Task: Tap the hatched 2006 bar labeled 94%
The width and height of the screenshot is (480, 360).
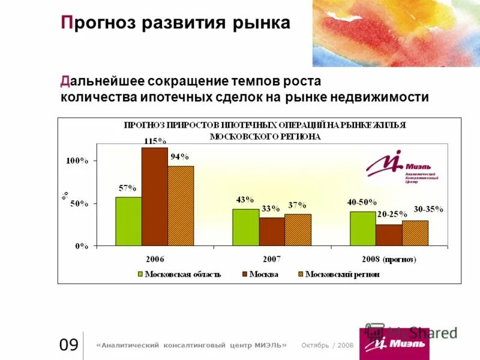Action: pos(181,205)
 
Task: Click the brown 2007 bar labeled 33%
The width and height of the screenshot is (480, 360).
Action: pos(272,231)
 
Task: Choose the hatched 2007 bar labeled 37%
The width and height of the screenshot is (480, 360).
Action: pos(298,230)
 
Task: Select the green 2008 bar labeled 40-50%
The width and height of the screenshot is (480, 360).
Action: pos(362,228)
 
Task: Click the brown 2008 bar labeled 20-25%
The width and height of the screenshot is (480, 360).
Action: pos(389,235)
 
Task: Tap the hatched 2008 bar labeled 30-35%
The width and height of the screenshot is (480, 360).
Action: pos(415,233)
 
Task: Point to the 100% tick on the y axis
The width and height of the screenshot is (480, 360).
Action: pos(77,161)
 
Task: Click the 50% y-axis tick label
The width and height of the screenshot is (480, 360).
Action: pos(79,203)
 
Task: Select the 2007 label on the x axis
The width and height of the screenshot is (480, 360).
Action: pos(271,260)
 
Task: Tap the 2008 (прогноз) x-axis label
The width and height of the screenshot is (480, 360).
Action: pos(389,260)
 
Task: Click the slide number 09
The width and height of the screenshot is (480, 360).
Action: pos(68,345)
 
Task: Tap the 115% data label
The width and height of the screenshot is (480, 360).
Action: pos(154,141)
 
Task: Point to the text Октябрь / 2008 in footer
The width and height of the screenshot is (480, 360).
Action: pos(327,345)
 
